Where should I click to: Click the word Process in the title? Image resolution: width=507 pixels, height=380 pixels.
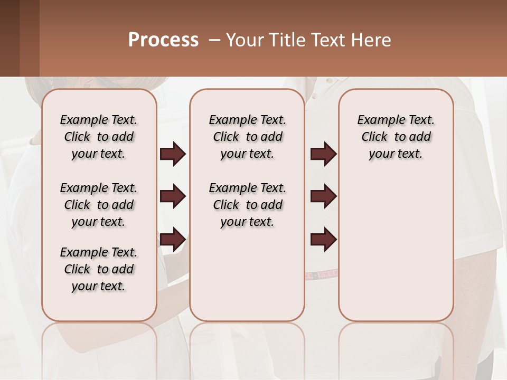tap(163, 40)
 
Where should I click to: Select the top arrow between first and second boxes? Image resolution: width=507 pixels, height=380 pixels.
tap(173, 154)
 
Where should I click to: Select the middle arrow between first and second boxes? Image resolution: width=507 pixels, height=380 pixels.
tap(173, 196)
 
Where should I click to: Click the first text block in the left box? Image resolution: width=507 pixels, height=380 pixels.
tap(99, 137)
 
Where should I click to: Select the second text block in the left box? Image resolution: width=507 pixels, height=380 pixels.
tap(99, 205)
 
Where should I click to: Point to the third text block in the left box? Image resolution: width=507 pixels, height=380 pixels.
tap(99, 269)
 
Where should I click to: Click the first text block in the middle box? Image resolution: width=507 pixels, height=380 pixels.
tap(248, 137)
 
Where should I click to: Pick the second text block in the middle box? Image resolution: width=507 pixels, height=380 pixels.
tap(248, 205)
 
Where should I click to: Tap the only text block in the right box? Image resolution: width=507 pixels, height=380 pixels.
tap(396, 137)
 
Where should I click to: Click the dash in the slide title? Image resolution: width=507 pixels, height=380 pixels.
tap(214, 40)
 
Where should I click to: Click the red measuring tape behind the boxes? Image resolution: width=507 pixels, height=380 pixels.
tap(321, 274)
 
